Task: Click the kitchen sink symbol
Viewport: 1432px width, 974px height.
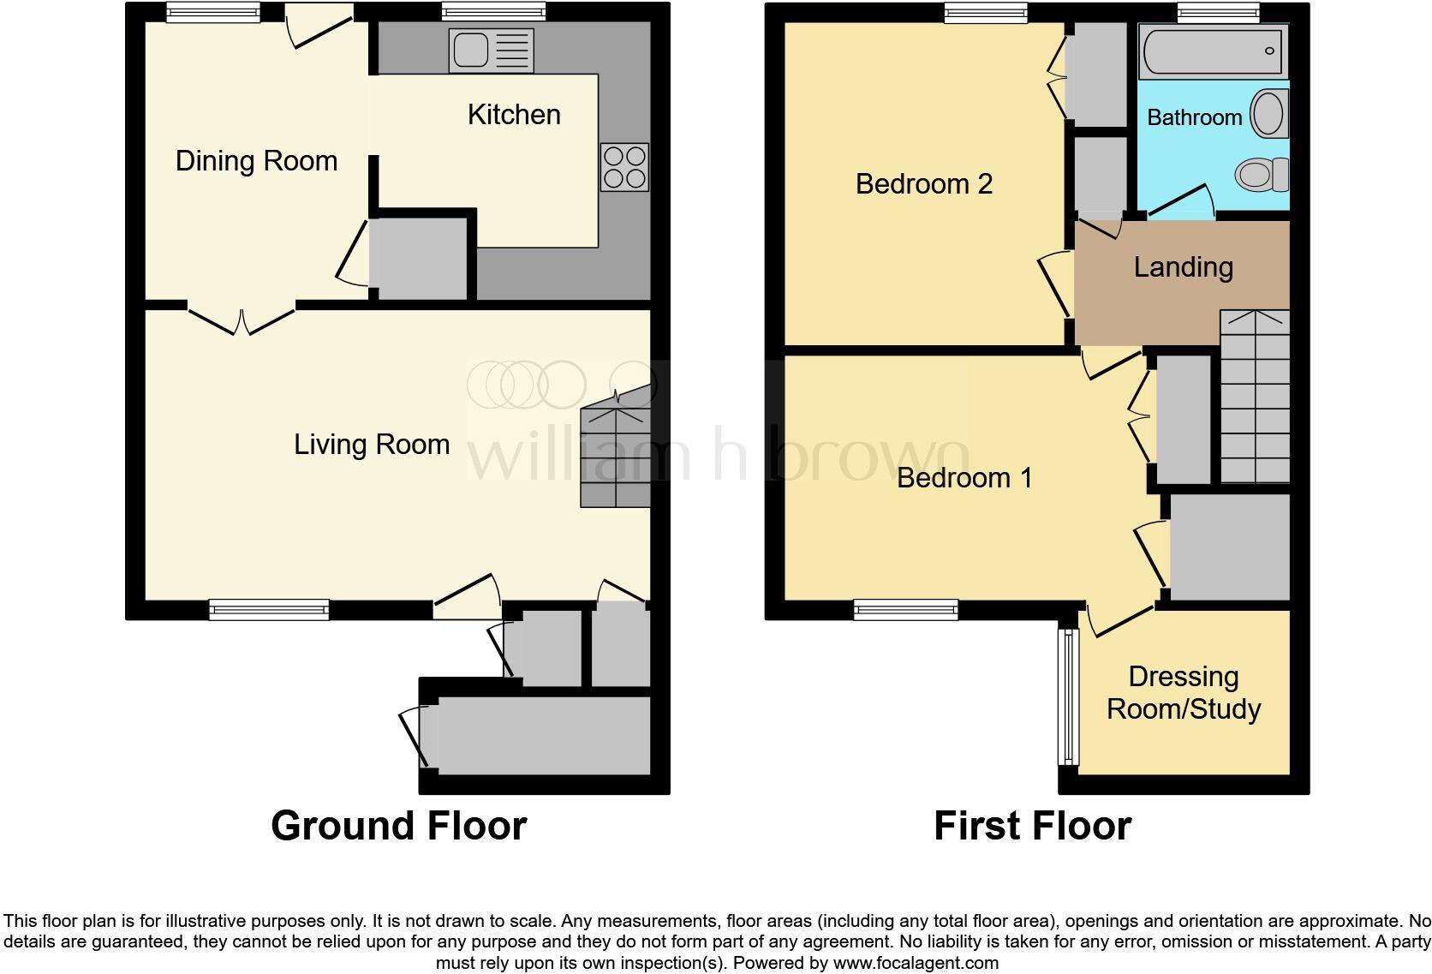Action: click(x=491, y=51)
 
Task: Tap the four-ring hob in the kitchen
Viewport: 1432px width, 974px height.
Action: click(x=625, y=167)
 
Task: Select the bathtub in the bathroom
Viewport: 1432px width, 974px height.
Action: click(x=1213, y=51)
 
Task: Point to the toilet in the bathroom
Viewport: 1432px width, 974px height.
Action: click(x=1262, y=176)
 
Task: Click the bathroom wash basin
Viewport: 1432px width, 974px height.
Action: click(x=1268, y=114)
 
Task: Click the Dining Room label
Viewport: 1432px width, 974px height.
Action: click(x=256, y=161)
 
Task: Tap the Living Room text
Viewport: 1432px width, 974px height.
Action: click(x=372, y=445)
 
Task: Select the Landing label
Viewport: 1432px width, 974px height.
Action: click(x=1183, y=267)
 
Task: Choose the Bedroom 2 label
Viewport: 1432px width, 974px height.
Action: click(x=923, y=184)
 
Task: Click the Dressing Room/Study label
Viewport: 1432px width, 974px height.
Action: click(x=1184, y=693)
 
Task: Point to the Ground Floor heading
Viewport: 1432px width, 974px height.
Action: click(x=398, y=826)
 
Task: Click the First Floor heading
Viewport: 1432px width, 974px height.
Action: click(x=1032, y=826)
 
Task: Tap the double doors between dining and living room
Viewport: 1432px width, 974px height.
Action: click(x=242, y=319)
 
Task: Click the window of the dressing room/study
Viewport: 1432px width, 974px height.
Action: click(x=1067, y=696)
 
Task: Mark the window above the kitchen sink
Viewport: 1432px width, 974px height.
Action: click(x=493, y=12)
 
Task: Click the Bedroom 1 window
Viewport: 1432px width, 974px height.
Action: click(x=905, y=610)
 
